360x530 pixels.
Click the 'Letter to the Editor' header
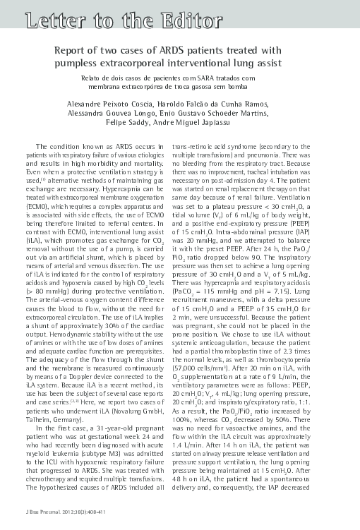coord(111,21)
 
